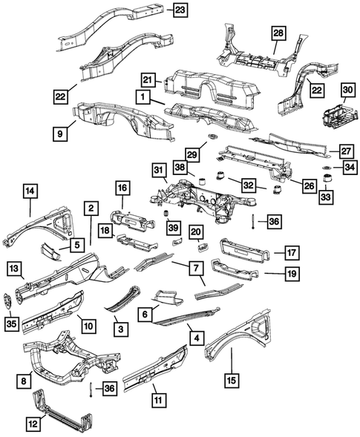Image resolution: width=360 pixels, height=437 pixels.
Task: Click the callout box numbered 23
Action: click(x=180, y=10)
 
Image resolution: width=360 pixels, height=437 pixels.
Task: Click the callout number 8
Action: click(x=25, y=379)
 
